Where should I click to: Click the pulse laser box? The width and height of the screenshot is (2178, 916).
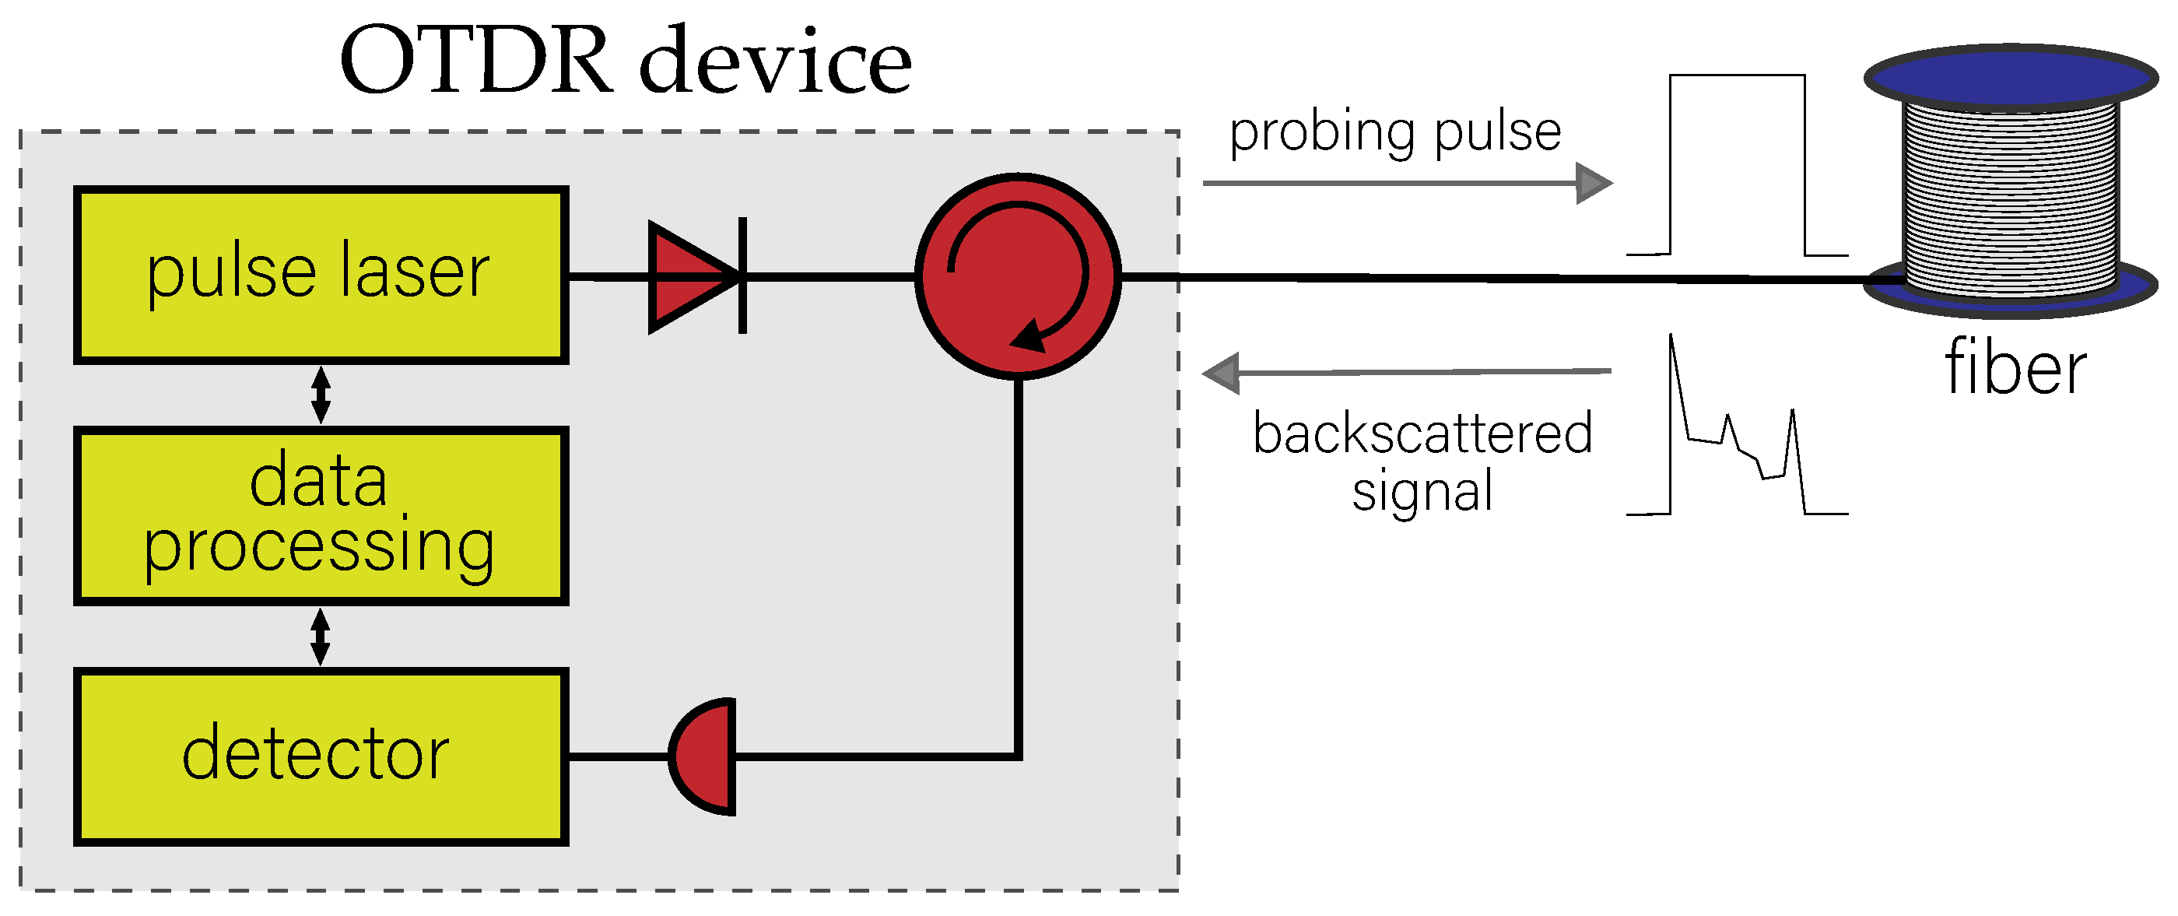321,275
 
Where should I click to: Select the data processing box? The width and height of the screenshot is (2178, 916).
321,516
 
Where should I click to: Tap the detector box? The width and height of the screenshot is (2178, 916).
321,757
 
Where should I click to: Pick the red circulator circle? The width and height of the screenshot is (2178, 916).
1019,276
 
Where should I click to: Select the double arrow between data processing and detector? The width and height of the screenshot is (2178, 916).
321,637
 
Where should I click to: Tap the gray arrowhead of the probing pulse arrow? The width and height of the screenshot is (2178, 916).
1594,184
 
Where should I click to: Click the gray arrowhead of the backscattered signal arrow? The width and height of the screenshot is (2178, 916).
1222,373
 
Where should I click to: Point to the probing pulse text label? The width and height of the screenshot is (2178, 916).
1395,133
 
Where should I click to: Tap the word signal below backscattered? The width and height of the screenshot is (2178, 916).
1422,493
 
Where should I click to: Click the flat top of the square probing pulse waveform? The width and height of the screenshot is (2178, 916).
1738,76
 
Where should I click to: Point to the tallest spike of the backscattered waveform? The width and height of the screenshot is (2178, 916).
1672,347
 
